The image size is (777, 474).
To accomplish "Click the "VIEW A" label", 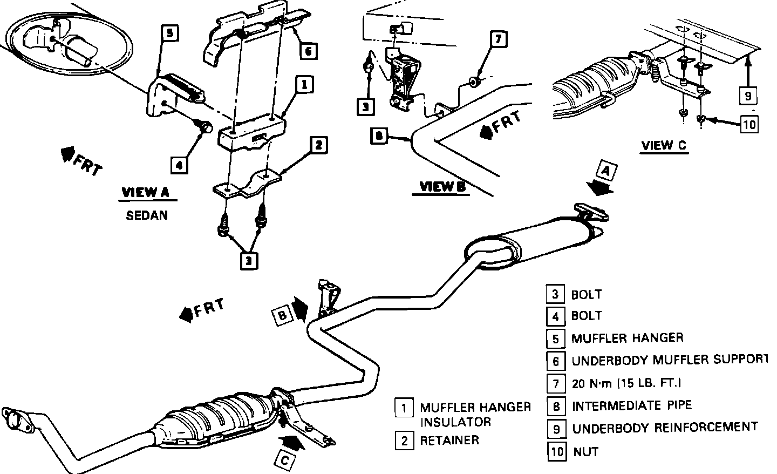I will pyautogui.click(x=146, y=193).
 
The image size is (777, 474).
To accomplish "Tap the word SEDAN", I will pyautogui.click(x=147, y=215).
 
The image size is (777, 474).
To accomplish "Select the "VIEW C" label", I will pyautogui.click(x=664, y=145).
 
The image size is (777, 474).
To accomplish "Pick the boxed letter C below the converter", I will pyautogui.click(x=284, y=460).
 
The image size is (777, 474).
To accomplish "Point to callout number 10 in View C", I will pyautogui.click(x=749, y=125).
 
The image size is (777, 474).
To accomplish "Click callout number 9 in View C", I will pyautogui.click(x=748, y=96).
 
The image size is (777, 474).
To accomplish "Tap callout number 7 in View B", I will pyautogui.click(x=498, y=39).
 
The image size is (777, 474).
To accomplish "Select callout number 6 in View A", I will pyautogui.click(x=308, y=51).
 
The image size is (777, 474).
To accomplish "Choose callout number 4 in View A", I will pyautogui.click(x=179, y=165).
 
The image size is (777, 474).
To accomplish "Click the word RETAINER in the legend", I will pyautogui.click(x=449, y=441).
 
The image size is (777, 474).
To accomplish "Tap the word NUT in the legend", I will pyautogui.click(x=585, y=451).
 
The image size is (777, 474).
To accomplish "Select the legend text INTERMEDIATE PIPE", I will pyautogui.click(x=632, y=405).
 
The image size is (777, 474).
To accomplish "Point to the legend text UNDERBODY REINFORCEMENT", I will pyautogui.click(x=665, y=428).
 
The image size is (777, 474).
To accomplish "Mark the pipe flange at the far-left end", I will pyautogui.click(x=17, y=419).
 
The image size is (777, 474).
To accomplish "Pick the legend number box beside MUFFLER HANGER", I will pyautogui.click(x=555, y=338).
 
